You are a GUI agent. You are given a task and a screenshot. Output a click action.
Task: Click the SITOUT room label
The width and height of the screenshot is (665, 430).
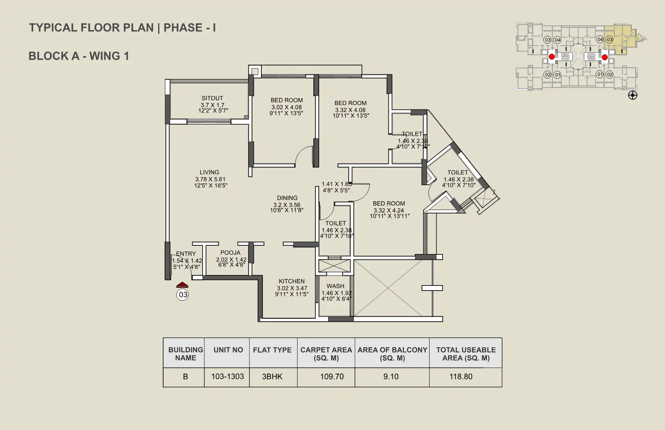(212, 98)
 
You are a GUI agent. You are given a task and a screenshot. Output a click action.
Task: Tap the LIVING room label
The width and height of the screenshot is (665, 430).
(209, 172)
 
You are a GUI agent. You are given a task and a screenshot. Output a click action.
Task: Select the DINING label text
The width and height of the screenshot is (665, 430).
(287, 198)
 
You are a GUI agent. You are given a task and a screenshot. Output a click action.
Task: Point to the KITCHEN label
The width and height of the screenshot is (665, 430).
(292, 281)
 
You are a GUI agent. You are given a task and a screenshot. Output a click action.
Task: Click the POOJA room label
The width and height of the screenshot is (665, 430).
(230, 253)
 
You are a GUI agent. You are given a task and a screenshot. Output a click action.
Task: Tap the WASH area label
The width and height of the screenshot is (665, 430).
(335, 286)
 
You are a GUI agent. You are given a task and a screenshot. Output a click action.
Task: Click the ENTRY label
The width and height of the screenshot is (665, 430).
(186, 254)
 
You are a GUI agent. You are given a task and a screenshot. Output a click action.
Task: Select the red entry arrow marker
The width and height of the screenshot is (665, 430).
(182, 285)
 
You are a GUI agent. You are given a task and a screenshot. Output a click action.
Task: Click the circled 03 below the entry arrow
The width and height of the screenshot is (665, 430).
(183, 294)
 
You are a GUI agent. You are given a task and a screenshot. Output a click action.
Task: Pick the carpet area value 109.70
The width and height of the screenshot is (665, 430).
(332, 377)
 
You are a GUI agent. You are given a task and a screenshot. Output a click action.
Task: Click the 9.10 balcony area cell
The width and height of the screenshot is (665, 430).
(391, 377)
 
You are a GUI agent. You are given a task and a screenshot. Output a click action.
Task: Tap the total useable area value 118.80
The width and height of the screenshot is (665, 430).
(461, 377)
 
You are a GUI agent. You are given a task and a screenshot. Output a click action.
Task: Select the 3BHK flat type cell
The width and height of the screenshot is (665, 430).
(272, 377)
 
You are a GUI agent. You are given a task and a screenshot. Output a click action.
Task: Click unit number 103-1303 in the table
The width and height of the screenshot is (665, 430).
(227, 377)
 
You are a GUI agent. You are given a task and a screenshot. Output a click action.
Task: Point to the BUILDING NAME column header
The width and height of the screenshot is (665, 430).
(186, 354)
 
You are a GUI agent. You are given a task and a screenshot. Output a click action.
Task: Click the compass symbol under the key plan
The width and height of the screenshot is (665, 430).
(633, 95)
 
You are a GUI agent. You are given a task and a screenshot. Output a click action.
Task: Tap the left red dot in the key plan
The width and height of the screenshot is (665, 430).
(552, 57)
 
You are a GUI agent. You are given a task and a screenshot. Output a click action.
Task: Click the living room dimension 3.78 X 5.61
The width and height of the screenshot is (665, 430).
(210, 179)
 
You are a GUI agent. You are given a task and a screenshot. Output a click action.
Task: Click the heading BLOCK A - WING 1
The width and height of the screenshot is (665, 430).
(79, 56)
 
